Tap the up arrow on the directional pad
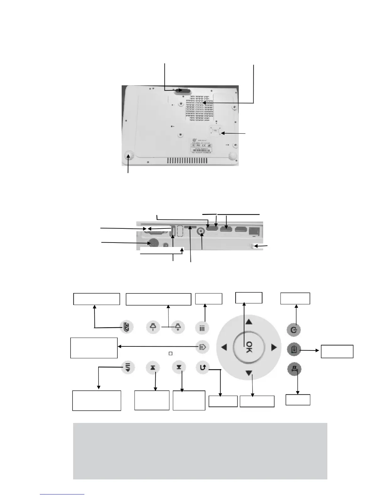pyautogui.click(x=249, y=322)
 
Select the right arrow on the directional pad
pyautogui.click(x=274, y=347)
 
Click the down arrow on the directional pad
pyautogui.click(x=249, y=373)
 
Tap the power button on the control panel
pyautogui.click(x=294, y=330)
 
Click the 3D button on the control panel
pyautogui.click(x=127, y=327)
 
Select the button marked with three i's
pyautogui.click(x=202, y=328)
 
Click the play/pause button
pyautogui.click(x=202, y=347)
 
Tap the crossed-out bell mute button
pyautogui.click(x=294, y=369)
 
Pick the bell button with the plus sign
pyautogui.click(x=178, y=327)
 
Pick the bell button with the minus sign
pyautogui.click(x=153, y=327)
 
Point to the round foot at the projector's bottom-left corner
pyautogui.click(x=129, y=156)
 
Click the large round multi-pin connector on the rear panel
pyautogui.click(x=153, y=243)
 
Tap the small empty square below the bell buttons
pyautogui.click(x=171, y=354)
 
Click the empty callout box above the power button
pyautogui.click(x=295, y=298)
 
